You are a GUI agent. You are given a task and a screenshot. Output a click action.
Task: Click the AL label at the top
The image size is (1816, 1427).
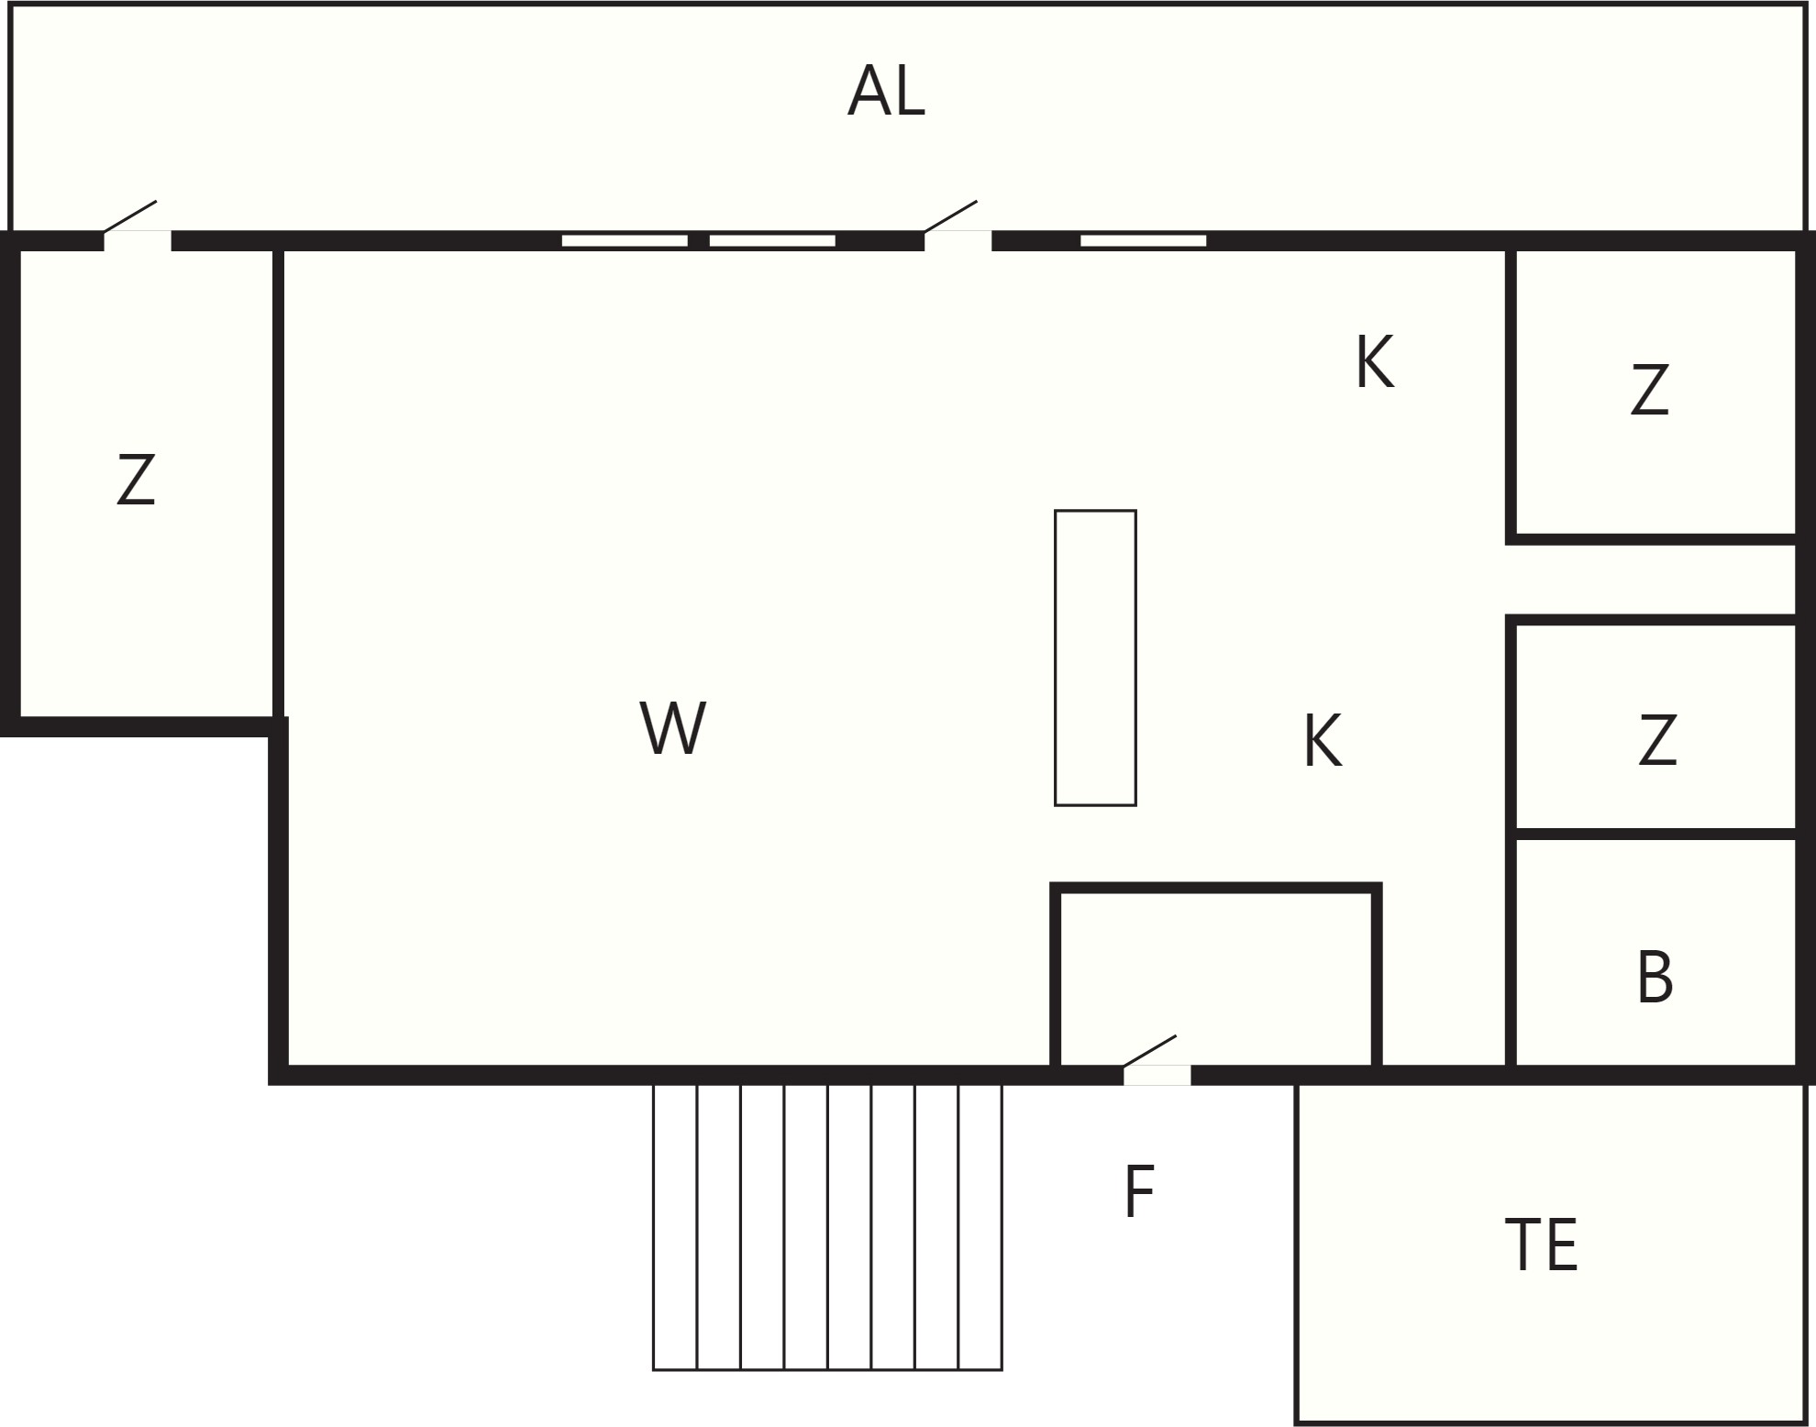tap(886, 91)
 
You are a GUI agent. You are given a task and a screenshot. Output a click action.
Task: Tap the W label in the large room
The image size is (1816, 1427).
tap(672, 728)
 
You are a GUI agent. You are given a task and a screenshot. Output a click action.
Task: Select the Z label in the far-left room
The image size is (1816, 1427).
tap(136, 480)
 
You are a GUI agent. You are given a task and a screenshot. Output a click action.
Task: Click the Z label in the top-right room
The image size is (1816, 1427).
tap(1649, 390)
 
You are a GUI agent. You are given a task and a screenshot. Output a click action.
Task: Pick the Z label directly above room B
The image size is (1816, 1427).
tap(1657, 740)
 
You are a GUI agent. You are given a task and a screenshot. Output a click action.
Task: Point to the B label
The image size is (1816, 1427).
tap(1655, 978)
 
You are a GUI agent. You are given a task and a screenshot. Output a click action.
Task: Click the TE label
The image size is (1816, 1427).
tap(1542, 1245)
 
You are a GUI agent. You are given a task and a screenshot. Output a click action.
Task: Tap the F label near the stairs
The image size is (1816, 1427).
tap(1139, 1191)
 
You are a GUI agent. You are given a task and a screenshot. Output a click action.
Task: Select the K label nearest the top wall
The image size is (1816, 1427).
tap(1375, 362)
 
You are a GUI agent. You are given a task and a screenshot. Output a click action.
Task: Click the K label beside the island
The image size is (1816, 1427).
tap(1323, 741)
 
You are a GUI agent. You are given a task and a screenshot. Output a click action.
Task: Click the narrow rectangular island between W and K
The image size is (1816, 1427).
tap(1095, 658)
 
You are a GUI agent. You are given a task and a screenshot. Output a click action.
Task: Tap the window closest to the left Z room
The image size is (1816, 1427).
tap(625, 241)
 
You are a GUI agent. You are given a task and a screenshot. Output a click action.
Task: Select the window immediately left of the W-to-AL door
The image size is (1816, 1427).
tap(772, 241)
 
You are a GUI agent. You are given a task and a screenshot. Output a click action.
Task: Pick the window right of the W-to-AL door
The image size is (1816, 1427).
tap(1143, 241)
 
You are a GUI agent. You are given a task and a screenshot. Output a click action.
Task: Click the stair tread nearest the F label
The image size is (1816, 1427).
tap(980, 1227)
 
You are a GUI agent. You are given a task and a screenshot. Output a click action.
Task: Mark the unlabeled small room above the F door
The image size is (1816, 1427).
tap(1216, 978)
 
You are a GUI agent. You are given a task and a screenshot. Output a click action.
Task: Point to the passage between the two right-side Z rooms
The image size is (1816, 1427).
tap(1651, 580)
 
